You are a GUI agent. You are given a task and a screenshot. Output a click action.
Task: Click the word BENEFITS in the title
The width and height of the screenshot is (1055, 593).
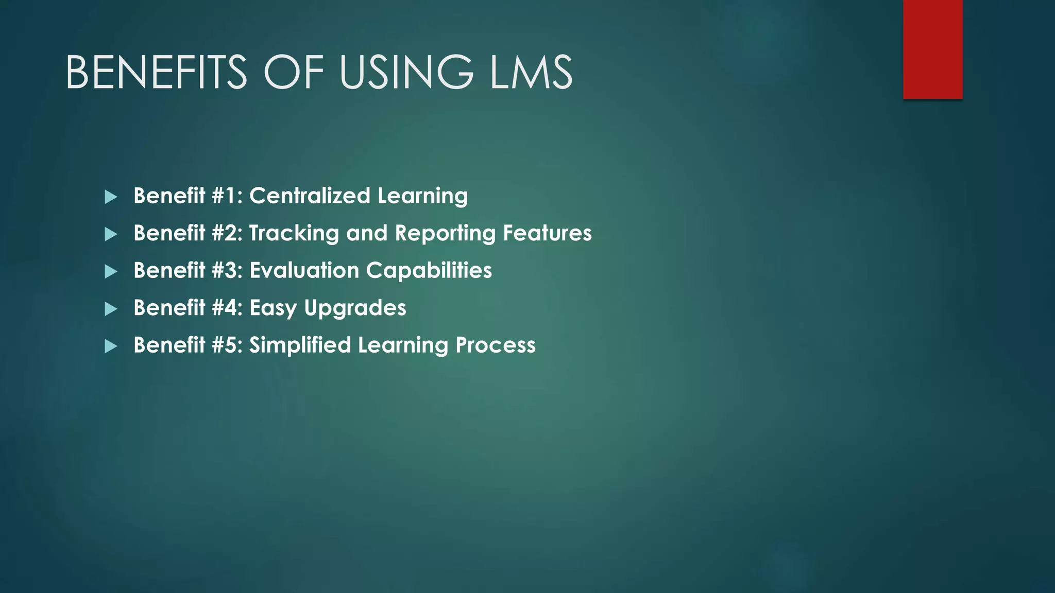click(156, 73)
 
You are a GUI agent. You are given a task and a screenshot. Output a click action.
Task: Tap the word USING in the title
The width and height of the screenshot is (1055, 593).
click(405, 73)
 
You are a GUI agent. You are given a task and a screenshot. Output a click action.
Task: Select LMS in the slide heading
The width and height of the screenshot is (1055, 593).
click(531, 73)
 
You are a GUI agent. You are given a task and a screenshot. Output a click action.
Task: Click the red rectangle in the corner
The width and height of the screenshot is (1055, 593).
click(932, 49)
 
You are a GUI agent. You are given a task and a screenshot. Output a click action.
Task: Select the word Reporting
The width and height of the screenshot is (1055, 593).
click(445, 233)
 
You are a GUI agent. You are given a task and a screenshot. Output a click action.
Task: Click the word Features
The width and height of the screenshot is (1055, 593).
click(547, 233)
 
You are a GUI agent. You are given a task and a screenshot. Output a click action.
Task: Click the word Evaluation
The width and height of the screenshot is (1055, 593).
click(304, 271)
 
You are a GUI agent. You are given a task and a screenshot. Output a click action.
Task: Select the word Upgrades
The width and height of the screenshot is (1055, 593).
click(355, 308)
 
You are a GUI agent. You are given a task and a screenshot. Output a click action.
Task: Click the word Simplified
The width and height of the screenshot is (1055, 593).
click(300, 345)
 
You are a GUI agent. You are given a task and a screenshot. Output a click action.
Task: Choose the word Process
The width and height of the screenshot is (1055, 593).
click(496, 345)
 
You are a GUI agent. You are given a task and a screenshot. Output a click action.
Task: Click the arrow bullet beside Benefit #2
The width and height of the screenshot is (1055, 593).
click(111, 235)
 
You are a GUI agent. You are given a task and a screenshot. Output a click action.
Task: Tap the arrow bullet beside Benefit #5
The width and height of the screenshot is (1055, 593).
click(111, 346)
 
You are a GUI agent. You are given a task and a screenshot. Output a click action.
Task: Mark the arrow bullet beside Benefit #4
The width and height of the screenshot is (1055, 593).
click(111, 309)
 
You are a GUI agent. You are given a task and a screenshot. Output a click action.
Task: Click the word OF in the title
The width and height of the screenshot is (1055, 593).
click(294, 73)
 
